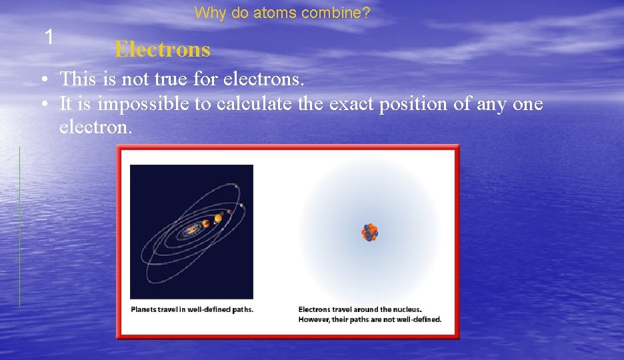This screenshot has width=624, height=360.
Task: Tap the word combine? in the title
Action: click(x=341, y=13)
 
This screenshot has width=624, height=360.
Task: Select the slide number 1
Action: click(x=48, y=37)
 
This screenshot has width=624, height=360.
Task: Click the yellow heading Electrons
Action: click(x=162, y=49)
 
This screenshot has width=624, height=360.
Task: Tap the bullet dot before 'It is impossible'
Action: click(x=43, y=105)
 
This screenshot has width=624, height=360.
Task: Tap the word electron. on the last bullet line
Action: click(x=96, y=127)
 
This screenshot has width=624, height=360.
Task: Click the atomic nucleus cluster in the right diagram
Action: click(x=369, y=232)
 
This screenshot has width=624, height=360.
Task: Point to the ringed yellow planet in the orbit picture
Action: click(x=218, y=218)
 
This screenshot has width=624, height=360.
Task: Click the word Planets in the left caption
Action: click(x=145, y=309)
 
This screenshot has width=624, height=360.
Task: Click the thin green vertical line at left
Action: click(x=19, y=227)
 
